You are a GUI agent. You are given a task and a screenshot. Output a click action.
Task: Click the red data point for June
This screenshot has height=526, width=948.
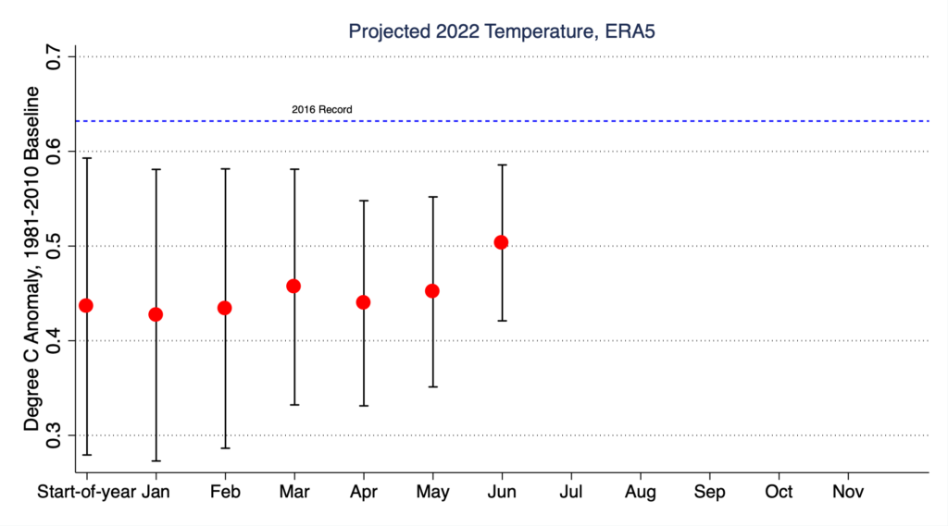click(x=501, y=242)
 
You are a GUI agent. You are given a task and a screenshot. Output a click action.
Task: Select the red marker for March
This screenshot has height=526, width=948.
click(x=293, y=286)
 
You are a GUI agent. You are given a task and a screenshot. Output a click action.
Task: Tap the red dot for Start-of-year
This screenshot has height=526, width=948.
click(x=86, y=305)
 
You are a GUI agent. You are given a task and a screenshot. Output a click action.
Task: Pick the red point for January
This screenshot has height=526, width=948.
click(x=156, y=314)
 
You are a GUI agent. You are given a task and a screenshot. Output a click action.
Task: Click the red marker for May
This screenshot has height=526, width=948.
click(x=431, y=290)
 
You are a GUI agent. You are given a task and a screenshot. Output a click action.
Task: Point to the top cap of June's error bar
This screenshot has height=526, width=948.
click(x=501, y=165)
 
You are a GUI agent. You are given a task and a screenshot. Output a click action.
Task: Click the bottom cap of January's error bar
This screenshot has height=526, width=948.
click(x=156, y=460)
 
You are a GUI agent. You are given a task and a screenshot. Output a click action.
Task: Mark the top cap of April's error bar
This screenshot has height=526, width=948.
click(x=363, y=200)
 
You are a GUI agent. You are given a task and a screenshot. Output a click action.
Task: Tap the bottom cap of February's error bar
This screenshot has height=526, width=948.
click(x=224, y=448)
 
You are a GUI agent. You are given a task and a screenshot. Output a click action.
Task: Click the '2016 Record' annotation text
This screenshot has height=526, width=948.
click(x=321, y=110)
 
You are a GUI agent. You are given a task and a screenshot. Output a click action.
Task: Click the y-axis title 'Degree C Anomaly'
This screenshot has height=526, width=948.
click(x=32, y=259)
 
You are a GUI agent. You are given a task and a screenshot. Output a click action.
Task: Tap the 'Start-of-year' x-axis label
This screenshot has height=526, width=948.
click(x=87, y=491)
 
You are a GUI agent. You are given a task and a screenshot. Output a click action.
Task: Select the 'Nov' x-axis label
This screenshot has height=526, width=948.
click(x=848, y=491)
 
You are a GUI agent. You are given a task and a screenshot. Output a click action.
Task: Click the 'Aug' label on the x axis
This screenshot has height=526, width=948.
click(x=640, y=491)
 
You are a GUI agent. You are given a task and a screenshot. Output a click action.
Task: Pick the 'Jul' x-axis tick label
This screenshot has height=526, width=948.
click(x=570, y=491)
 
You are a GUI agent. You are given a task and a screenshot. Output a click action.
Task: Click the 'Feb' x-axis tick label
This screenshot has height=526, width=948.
click(x=224, y=491)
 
